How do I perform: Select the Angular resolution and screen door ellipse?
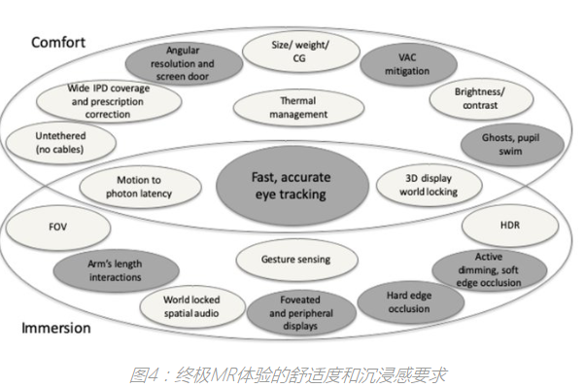tap(189, 62)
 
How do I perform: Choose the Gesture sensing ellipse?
tap(295, 260)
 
